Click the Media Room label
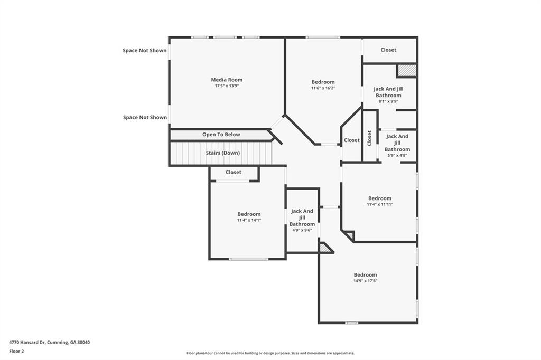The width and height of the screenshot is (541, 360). [x=227, y=80]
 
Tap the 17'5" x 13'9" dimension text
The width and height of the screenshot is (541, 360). [x=227, y=86]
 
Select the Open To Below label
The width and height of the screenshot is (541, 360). [x=221, y=135]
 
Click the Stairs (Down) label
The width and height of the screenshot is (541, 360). [x=223, y=153]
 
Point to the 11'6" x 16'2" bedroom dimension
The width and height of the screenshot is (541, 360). [x=323, y=88]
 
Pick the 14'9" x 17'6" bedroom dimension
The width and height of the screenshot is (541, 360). [x=366, y=281]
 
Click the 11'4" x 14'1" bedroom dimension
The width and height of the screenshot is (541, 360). [x=249, y=220]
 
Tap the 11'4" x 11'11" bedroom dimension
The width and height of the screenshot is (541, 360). [x=380, y=204]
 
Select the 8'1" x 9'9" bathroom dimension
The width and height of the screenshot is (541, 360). [x=388, y=101]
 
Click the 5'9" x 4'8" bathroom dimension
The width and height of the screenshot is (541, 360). [x=397, y=155]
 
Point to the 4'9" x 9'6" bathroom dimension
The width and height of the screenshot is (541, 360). [x=302, y=230]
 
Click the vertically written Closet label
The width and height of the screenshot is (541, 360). [x=369, y=138]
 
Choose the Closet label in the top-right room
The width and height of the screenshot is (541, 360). [x=388, y=50]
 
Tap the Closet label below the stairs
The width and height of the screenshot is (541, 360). [x=234, y=172]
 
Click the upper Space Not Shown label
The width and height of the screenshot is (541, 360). [x=145, y=50]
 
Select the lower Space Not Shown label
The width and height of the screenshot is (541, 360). [x=145, y=117]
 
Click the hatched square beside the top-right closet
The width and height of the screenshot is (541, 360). [x=406, y=70]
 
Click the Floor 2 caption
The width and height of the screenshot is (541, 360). [x=16, y=352]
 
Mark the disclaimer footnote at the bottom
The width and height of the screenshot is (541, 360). [x=270, y=353]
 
